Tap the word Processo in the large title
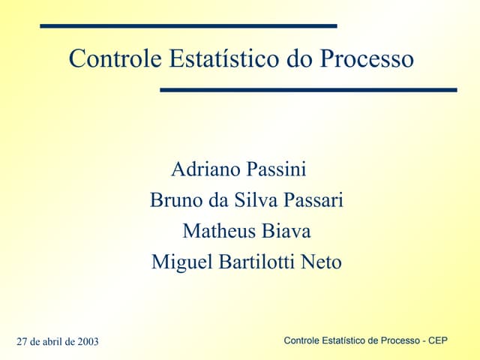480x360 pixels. [367, 58]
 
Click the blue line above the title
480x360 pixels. [187, 26]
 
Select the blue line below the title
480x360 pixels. [308, 90]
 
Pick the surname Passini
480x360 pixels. [274, 169]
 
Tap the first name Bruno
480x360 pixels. [173, 201]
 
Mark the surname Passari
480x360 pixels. [309, 201]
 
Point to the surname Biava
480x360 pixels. [286, 231]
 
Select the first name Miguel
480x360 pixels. [178, 262]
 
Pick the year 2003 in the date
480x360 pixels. [86, 343]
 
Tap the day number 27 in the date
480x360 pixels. [22, 343]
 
